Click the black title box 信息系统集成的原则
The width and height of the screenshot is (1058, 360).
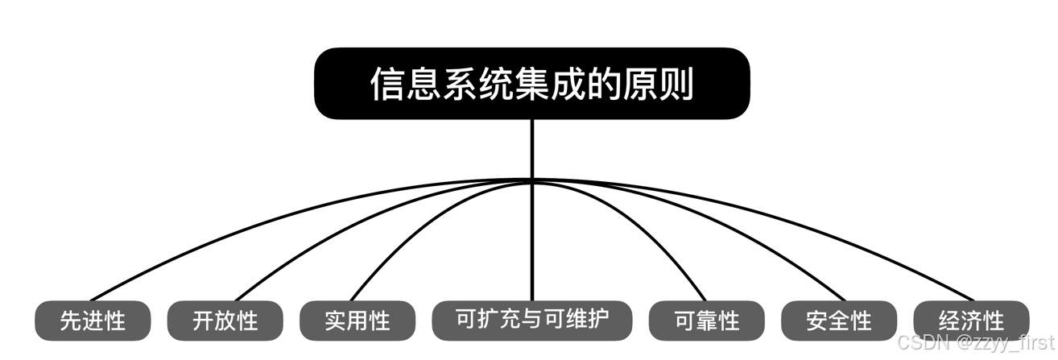[531, 83]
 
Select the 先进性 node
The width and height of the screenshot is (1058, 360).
[93, 321]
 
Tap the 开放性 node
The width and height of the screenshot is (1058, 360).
[225, 321]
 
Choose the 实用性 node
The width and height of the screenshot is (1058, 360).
[357, 321]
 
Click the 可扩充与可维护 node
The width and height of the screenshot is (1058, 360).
[532, 320]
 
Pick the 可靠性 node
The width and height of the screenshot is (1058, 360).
[706, 321]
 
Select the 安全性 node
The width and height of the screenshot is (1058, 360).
[838, 321]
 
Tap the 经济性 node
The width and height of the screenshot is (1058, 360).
[971, 321]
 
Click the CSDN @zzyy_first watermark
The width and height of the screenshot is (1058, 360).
[975, 342]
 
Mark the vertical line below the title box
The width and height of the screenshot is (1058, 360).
[532, 149]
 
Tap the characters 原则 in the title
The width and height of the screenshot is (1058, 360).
[660, 84]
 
